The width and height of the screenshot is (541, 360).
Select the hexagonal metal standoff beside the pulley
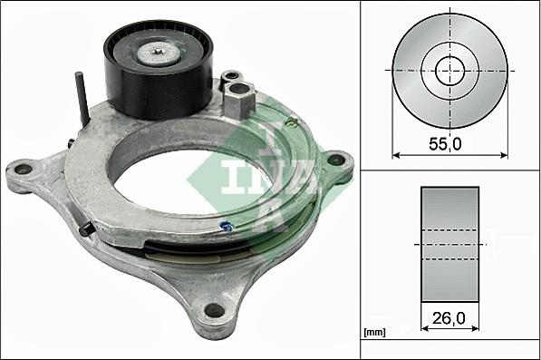[238, 99]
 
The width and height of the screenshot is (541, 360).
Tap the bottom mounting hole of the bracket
[215, 310]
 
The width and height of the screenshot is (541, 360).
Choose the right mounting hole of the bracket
[336, 160]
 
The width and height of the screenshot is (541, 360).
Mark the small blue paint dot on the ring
[227, 227]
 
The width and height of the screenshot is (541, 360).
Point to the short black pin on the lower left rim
[86, 230]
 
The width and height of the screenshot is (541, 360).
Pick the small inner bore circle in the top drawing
[450, 70]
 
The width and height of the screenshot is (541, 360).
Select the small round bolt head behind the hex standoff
[233, 77]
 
